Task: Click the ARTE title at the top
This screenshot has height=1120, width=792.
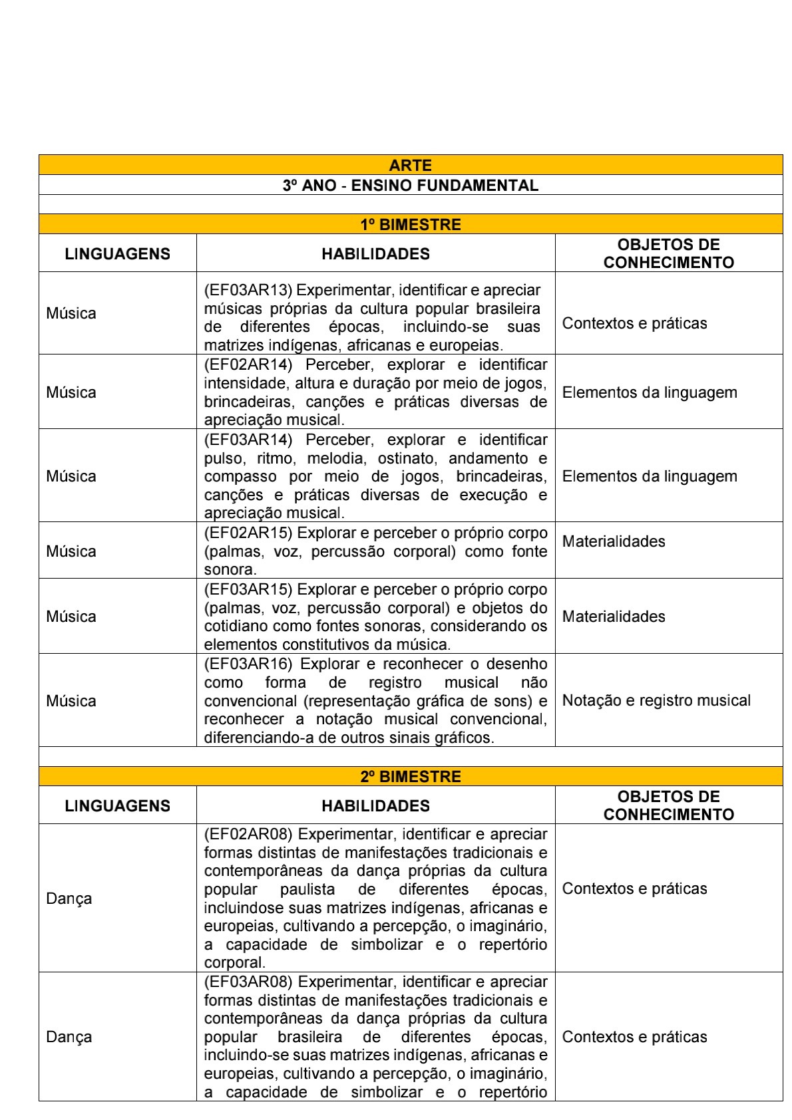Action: (410, 165)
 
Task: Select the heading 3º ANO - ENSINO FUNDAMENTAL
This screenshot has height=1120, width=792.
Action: (410, 186)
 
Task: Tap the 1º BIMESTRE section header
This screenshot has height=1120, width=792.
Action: (410, 225)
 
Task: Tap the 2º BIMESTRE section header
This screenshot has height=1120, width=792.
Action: (410, 777)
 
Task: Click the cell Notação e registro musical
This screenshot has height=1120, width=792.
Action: (656, 700)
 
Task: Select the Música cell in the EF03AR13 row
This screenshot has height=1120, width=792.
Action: (71, 313)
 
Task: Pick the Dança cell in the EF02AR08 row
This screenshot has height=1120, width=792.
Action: (69, 899)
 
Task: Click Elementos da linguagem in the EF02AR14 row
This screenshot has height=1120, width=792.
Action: (650, 392)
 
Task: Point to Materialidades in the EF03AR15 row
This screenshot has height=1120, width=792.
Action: (614, 617)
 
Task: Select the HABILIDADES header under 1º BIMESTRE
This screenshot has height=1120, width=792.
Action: (375, 254)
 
